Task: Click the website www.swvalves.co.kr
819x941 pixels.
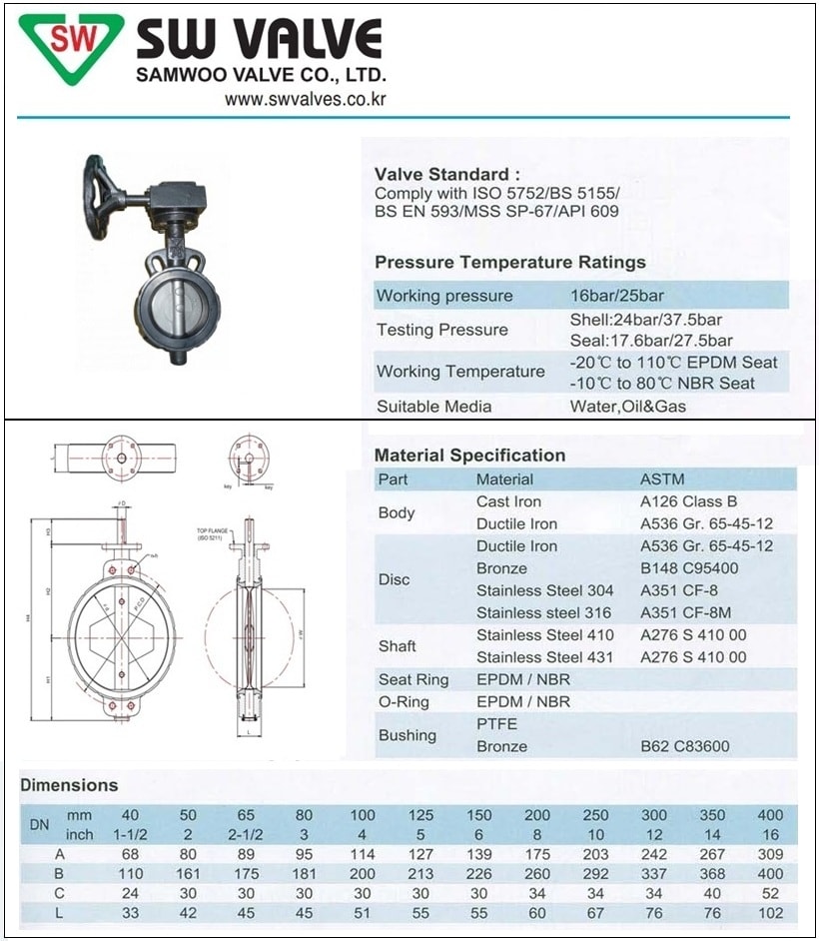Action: point(305,99)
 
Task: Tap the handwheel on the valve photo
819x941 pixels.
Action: point(101,185)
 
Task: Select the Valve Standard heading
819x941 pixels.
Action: point(446,174)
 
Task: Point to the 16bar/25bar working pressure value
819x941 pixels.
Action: point(616,296)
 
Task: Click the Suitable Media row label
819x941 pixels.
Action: point(433,407)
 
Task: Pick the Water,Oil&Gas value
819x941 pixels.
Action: point(628,407)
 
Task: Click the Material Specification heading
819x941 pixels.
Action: point(469,456)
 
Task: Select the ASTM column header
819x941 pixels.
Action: point(660,479)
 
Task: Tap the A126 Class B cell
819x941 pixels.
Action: point(688,501)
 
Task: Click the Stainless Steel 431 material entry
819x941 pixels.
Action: point(544,657)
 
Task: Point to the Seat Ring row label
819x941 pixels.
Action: point(412,680)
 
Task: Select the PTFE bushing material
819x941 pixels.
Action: point(496,723)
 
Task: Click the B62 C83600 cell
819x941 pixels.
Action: point(684,746)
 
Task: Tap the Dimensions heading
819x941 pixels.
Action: point(69,785)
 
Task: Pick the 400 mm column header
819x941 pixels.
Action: point(770,815)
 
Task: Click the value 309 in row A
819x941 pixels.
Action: point(770,854)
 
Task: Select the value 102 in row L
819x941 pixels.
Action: point(770,912)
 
